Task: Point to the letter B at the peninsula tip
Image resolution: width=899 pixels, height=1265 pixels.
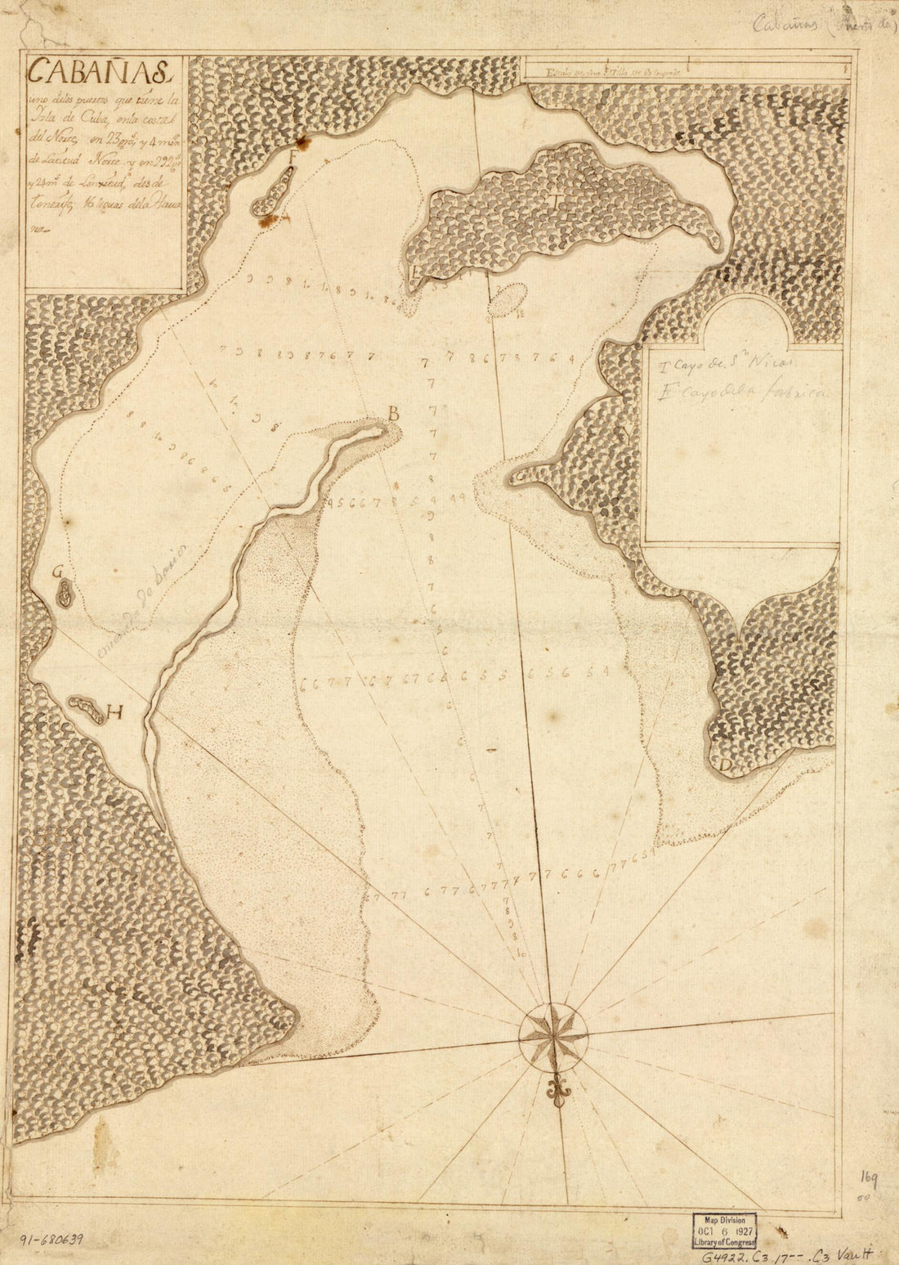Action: coord(393,415)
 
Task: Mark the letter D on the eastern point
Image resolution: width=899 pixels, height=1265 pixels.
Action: coord(724,765)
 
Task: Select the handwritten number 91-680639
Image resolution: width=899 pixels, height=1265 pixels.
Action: coord(49,1240)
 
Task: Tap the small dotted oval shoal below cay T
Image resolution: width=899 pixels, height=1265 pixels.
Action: coord(508,300)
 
